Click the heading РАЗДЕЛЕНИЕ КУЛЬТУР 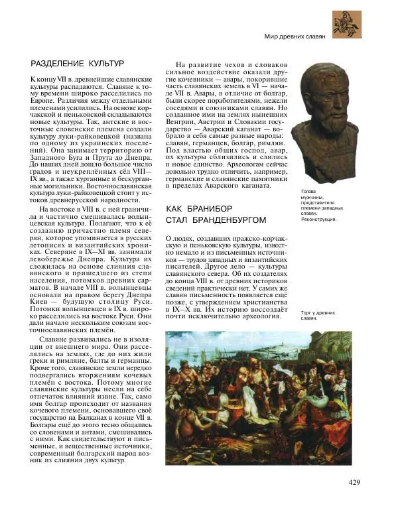point(78,64)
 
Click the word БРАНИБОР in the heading point(208,209)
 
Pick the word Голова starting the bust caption point(309,191)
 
